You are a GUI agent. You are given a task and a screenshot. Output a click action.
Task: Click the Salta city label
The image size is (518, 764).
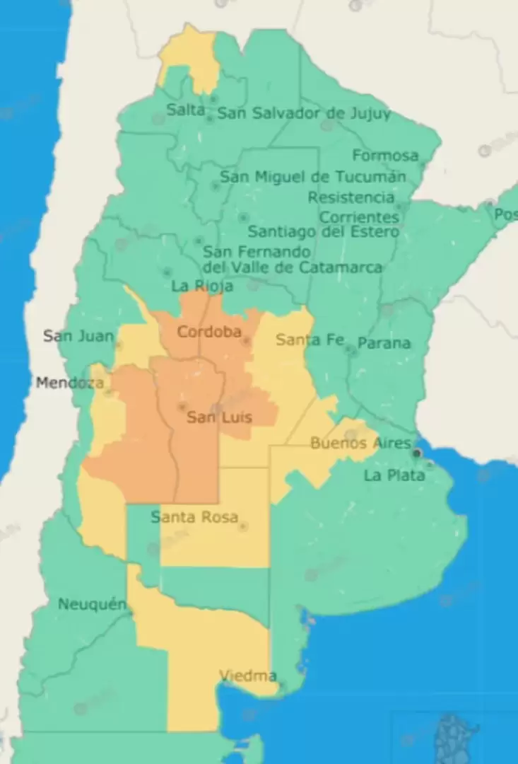pos(185,110)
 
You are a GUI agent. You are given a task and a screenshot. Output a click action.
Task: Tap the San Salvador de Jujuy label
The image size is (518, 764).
pos(303,113)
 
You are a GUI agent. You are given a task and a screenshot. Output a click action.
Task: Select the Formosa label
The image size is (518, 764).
pos(385,156)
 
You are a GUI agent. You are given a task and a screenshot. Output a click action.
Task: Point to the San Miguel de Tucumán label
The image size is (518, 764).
pos(313,177)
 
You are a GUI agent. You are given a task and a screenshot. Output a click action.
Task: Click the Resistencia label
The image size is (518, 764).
pos(351,197)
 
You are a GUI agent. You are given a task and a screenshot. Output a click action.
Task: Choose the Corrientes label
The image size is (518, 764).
pos(359,216)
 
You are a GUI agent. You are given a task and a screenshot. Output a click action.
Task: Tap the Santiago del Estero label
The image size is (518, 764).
pos(323,231)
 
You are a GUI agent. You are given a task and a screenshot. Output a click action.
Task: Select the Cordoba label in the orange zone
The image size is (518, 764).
pos(209,332)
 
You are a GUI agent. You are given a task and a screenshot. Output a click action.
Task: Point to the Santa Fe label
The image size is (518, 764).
pos(310,340)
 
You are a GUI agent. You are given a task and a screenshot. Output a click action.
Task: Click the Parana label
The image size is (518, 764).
pos(384,343)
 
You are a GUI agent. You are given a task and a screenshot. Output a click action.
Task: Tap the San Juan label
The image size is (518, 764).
pos(78,335)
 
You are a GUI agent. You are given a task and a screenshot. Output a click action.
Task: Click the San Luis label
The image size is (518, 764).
pos(219,417)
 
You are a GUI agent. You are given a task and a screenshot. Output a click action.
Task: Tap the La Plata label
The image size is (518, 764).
pos(394,475)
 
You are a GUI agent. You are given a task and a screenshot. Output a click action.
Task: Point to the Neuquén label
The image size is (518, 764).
pos(92,604)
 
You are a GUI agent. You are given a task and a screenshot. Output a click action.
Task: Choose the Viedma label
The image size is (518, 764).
pos(247,676)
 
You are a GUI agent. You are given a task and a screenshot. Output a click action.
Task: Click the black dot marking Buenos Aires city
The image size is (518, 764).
pos(418,453)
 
